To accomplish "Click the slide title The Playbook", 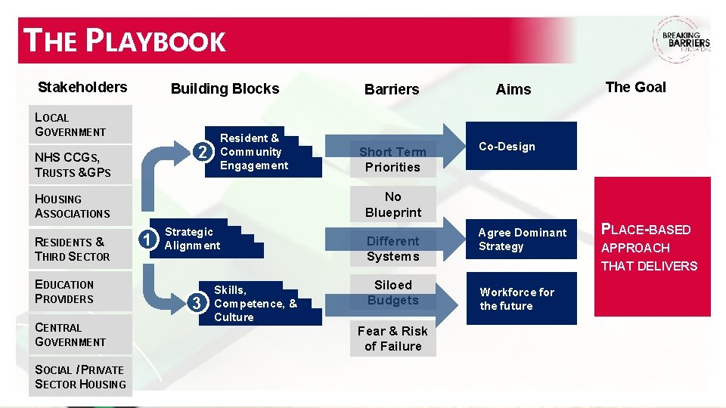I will [x=126, y=41].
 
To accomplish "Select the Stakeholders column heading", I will [x=82, y=87].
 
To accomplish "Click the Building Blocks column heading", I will [x=225, y=88].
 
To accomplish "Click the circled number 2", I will [x=202, y=152].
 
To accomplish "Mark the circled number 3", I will [x=198, y=303].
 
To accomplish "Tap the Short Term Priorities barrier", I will [x=392, y=159].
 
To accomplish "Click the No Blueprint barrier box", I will [x=392, y=204].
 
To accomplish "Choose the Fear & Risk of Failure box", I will [x=392, y=338].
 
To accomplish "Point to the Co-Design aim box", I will [x=522, y=147].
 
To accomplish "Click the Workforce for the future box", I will [x=522, y=299].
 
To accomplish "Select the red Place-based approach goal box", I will [x=652, y=247].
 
